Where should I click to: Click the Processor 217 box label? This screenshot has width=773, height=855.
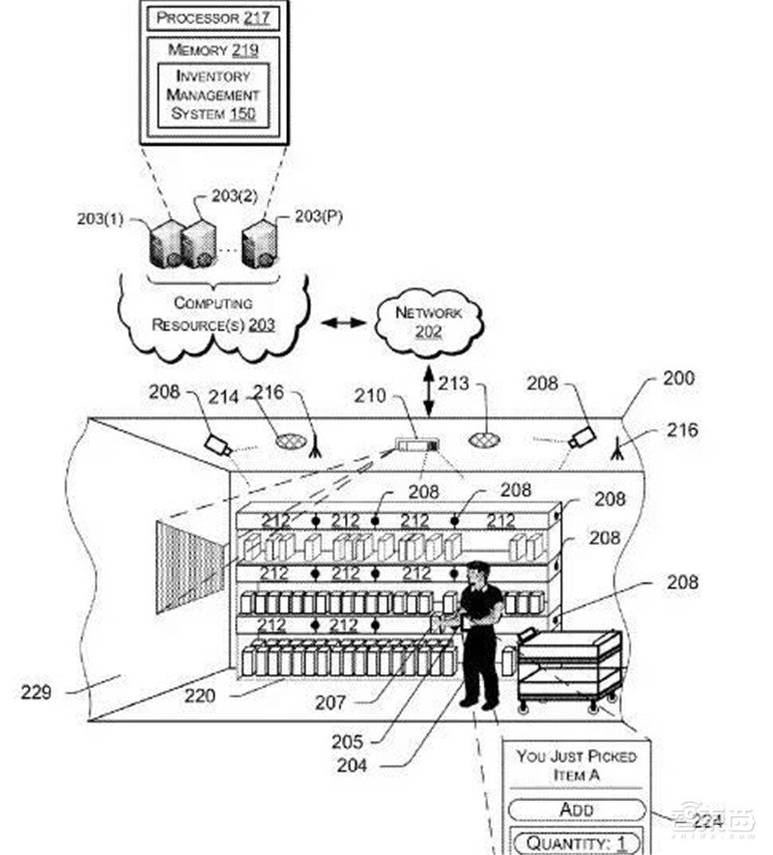214,17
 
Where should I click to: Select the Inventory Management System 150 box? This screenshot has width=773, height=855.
214,94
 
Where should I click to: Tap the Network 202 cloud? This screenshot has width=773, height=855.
428,323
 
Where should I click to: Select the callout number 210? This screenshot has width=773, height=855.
371,396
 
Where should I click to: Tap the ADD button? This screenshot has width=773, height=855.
577,809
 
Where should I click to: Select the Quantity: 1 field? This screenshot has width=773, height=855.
576,842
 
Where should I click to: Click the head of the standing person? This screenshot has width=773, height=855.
478,572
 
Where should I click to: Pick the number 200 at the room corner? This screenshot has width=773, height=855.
678,378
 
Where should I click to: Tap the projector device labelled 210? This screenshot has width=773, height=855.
415,446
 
